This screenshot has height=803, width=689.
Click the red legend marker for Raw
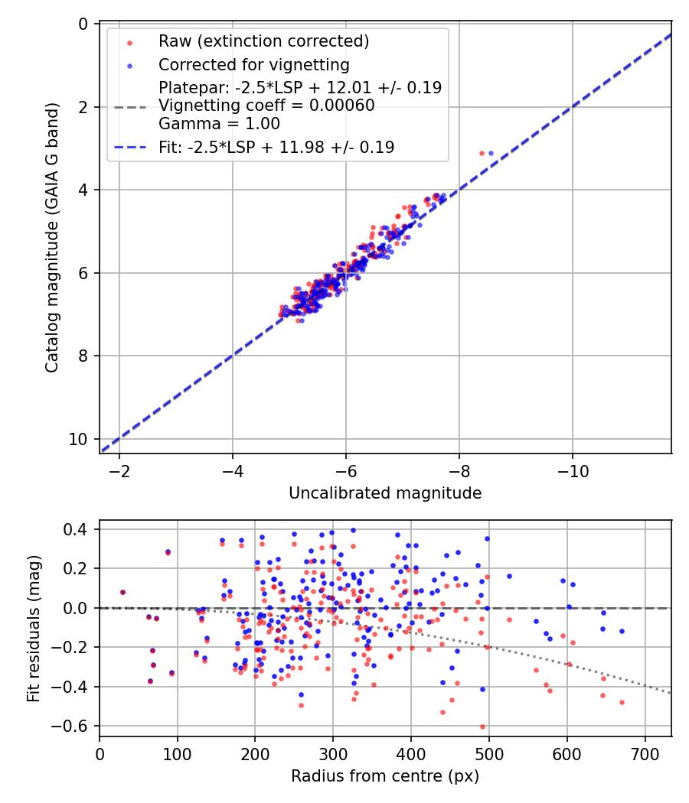click(x=129, y=43)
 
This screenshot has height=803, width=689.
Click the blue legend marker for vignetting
click(x=129, y=66)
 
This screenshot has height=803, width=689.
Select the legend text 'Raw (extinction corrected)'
click(x=263, y=41)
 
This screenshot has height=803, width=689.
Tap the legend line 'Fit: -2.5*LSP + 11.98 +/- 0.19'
click(x=276, y=148)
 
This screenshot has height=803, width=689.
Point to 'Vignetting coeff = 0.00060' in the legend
click(x=266, y=106)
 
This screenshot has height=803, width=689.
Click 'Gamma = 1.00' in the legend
click(x=220, y=123)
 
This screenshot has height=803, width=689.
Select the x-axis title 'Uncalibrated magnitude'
click(x=385, y=493)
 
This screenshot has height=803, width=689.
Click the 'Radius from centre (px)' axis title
click(x=385, y=776)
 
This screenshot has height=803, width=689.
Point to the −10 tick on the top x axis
click(x=573, y=470)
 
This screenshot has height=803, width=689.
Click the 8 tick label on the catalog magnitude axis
click(x=83, y=356)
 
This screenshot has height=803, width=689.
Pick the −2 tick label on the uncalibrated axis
click(x=119, y=470)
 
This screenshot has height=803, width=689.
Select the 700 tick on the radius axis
click(x=645, y=754)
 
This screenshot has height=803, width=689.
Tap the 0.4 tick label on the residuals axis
click(x=75, y=529)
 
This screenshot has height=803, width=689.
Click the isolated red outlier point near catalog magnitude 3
click(x=482, y=153)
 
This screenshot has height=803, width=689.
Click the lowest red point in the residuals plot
click(x=482, y=727)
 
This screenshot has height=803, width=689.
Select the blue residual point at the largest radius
click(x=622, y=632)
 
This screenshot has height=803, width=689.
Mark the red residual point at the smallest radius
click(x=122, y=593)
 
